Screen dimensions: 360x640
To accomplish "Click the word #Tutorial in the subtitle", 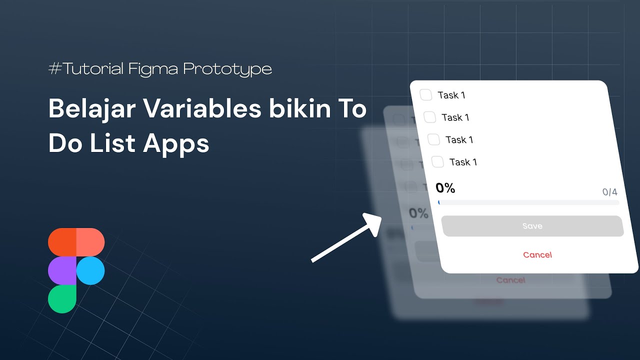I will click(x=86, y=68).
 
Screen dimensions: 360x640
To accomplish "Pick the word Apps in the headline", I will click(x=176, y=143).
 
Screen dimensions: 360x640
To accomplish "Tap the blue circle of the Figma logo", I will click(x=90, y=270).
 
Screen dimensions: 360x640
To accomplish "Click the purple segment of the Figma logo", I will click(x=62, y=270).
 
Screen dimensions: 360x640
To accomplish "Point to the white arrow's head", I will click(x=374, y=221).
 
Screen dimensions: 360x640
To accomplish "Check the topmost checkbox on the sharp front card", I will click(x=426, y=94).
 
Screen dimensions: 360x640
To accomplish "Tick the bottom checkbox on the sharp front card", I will click(x=437, y=161).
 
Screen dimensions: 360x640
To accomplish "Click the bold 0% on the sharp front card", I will click(x=445, y=188).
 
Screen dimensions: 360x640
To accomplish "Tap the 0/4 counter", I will click(x=609, y=192).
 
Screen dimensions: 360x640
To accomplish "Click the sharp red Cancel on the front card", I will click(x=537, y=255).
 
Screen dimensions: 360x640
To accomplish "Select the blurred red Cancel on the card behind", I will click(x=510, y=280).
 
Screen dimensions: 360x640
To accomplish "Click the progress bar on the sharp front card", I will click(x=528, y=202).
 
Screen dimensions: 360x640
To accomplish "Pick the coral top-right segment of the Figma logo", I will click(x=90, y=242).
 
